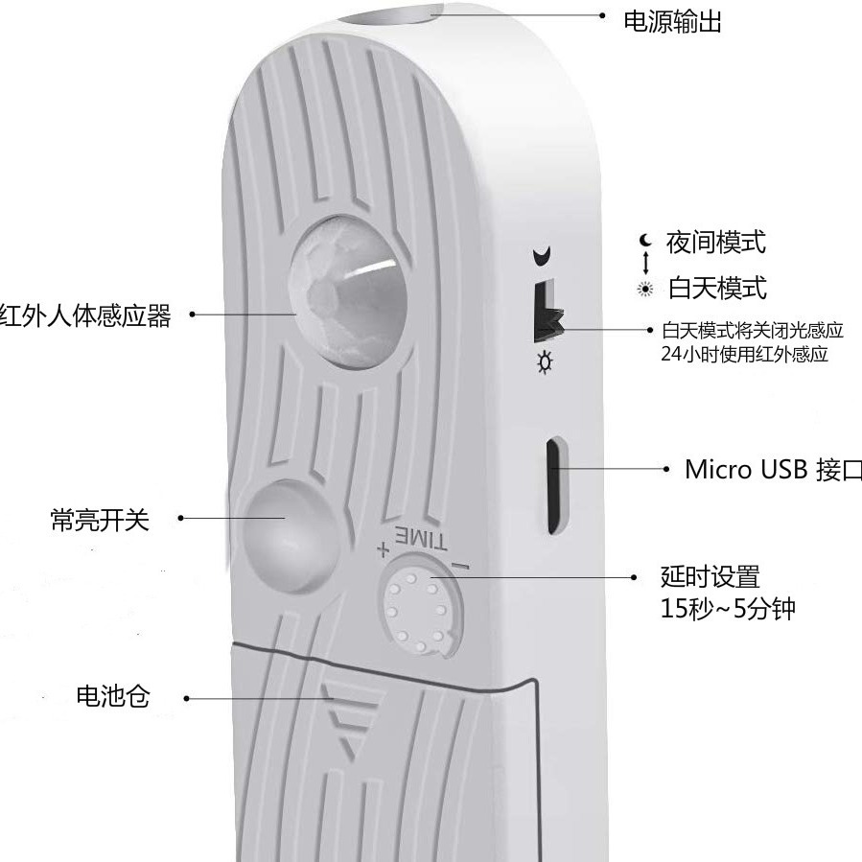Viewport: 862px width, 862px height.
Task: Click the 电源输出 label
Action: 672,21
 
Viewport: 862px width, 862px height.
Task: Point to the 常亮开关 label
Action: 100,520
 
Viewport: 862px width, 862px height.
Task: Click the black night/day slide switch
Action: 547,312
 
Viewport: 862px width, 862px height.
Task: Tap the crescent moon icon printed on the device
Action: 544,256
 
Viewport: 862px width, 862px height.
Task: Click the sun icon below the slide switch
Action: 546,361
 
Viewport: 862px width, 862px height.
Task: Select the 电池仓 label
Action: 113,696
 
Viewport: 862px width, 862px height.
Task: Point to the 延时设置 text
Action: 710,576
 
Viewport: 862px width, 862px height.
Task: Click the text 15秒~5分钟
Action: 728,609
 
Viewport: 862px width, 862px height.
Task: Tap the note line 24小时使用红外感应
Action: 744,354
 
